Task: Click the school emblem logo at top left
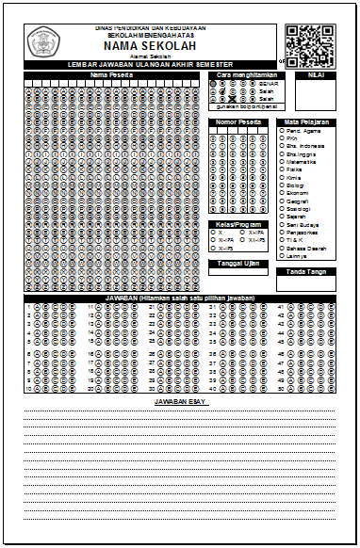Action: point(42,41)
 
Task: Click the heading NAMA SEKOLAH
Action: point(150,45)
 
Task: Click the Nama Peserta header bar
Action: point(110,74)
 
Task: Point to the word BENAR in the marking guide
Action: point(268,83)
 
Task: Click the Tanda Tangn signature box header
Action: point(305,271)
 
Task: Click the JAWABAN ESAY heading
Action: point(179,401)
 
